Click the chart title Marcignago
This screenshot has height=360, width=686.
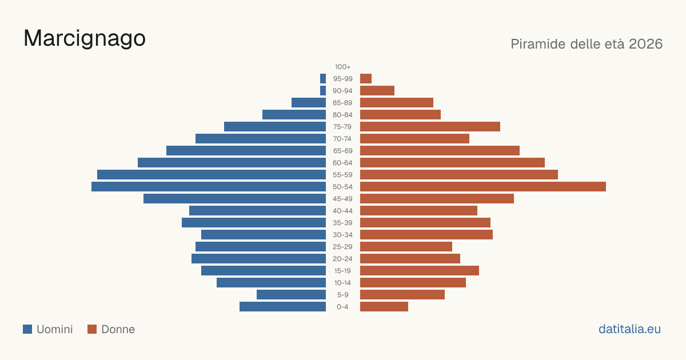click(85, 39)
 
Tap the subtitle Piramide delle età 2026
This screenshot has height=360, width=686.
click(587, 44)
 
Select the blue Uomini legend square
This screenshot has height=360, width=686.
click(27, 329)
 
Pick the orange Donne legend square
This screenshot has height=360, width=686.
click(92, 329)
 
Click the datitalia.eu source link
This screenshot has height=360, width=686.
click(629, 329)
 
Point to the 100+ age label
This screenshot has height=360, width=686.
click(342, 67)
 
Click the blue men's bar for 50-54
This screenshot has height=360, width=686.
click(209, 187)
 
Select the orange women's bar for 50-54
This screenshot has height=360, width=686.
click(483, 187)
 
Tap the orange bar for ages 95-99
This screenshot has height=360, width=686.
click(366, 79)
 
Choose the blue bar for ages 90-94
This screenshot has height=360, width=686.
click(323, 91)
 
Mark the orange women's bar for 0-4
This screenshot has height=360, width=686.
click(384, 307)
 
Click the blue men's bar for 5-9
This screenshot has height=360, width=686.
click(291, 295)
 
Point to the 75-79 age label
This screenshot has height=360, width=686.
click(342, 127)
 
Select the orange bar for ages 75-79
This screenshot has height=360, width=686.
click(430, 127)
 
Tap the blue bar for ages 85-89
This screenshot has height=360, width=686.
click(309, 102)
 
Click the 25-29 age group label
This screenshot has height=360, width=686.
click(342, 247)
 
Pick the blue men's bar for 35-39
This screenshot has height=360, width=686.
click(254, 222)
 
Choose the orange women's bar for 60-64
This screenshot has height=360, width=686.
click(452, 162)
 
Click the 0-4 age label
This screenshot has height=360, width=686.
click(342, 307)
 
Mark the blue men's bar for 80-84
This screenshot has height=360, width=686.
click(294, 114)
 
